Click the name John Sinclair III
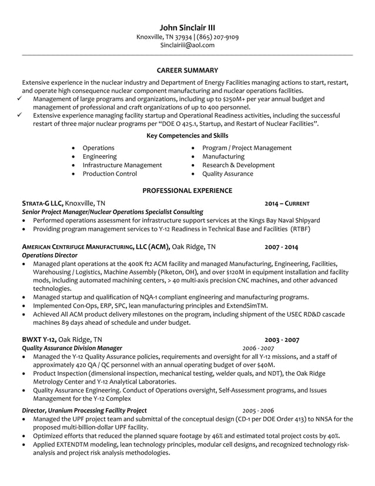coord(187,28)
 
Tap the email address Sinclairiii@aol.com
coord(187,45)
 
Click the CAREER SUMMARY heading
coord(187,70)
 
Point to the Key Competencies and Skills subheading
coord(187,136)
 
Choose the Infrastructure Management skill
coord(122,165)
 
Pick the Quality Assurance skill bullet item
coord(227,174)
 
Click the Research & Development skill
coord(238,165)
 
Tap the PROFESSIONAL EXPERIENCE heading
coord(187,191)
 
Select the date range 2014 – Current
coord(286,203)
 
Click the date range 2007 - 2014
coord(281,247)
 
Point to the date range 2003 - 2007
coord(282,339)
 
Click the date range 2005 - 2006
coord(258,410)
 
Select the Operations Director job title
coord(49,256)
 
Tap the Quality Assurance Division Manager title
coord(72,348)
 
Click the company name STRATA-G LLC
coord(42,203)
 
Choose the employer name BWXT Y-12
coord(39,339)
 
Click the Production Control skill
coord(109,174)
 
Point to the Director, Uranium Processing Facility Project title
coord(84,410)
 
